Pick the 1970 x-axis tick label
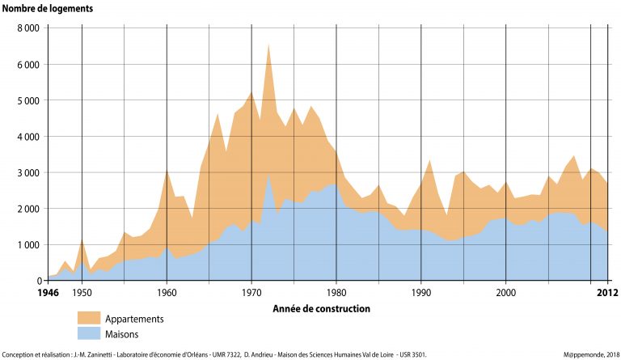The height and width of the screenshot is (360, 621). tap(251, 292)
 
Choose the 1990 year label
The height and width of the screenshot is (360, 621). tap(421, 292)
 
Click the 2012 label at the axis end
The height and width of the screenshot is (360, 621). tap(597, 292)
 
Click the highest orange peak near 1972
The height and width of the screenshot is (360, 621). tap(268, 44)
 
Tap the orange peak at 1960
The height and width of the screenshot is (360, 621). tap(167, 170)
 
